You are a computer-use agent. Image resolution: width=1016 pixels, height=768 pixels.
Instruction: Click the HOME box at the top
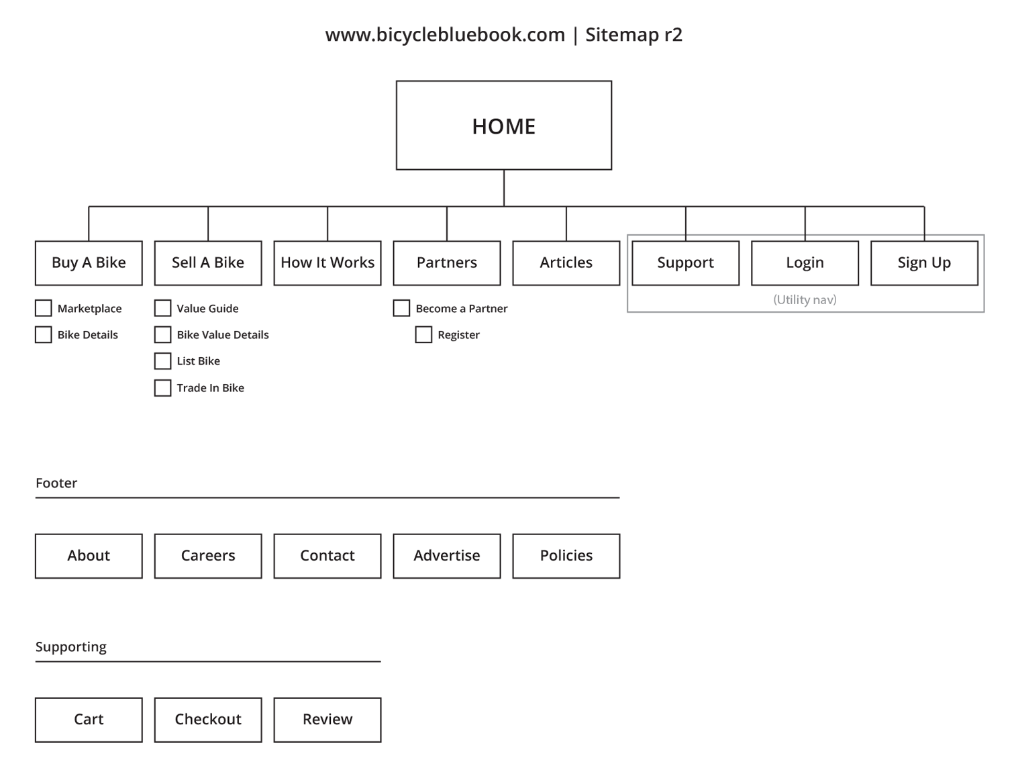point(503,126)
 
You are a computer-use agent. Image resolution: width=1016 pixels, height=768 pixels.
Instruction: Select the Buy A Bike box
point(89,263)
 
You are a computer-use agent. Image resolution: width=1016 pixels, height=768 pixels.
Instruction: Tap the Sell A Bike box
point(208,263)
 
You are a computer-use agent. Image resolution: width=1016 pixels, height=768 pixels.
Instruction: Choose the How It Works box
point(327,263)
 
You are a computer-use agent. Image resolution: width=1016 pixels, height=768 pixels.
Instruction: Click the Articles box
point(566,263)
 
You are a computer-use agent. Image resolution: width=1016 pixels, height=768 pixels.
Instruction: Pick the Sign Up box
point(924,263)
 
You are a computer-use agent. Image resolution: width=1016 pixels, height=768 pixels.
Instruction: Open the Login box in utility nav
point(805,263)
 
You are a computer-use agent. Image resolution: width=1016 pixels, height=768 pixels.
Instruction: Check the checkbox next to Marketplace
point(44,308)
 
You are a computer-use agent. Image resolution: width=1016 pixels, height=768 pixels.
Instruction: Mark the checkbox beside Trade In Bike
point(162,388)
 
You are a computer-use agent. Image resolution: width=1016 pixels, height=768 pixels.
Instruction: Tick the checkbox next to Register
point(423,335)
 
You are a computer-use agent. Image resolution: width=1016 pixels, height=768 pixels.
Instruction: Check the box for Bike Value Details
point(162,335)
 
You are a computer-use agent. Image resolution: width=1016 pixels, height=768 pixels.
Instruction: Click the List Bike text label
point(198,361)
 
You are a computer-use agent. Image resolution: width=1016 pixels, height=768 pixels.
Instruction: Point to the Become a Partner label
point(462,308)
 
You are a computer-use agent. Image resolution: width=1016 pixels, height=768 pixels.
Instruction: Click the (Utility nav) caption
point(805,300)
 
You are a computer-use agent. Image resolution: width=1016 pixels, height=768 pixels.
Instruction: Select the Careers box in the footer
point(208,556)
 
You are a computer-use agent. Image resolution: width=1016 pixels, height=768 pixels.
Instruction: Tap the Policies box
point(566,556)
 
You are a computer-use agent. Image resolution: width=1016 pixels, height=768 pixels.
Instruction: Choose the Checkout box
point(208,720)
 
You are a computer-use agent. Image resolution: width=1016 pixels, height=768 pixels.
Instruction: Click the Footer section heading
point(56,483)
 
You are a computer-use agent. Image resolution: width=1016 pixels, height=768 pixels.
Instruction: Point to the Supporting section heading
point(71,647)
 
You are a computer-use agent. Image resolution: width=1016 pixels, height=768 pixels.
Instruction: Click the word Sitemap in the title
point(622,35)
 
